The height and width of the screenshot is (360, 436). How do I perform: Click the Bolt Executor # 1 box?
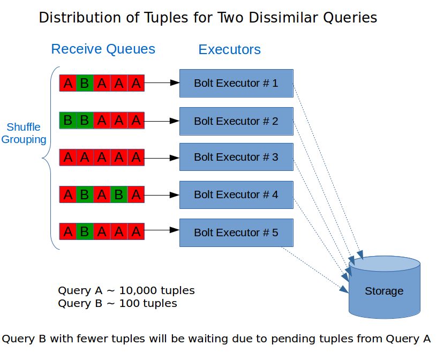pyautogui.click(x=236, y=83)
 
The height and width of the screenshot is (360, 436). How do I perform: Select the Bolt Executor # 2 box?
pyautogui.click(x=236, y=121)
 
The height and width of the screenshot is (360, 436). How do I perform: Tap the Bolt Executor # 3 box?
pyautogui.click(x=236, y=157)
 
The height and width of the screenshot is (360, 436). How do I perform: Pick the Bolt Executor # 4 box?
pyautogui.click(x=236, y=195)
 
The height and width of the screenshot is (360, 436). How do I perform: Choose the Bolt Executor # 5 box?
pyautogui.click(x=236, y=232)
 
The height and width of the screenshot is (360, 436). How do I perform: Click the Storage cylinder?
pyautogui.click(x=385, y=287)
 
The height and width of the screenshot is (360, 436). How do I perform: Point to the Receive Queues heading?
pyautogui.click(x=103, y=49)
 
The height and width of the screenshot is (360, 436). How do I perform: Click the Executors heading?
pyautogui.click(x=229, y=49)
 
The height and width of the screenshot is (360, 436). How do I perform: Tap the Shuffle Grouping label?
pyautogui.click(x=24, y=133)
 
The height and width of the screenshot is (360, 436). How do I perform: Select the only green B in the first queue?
pyautogui.click(x=85, y=83)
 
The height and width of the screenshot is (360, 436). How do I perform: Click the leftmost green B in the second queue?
pyautogui.click(x=68, y=121)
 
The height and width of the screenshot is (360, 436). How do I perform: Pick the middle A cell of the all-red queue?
pyautogui.click(x=102, y=157)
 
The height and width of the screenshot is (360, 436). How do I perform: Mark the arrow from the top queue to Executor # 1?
pyautogui.click(x=162, y=82)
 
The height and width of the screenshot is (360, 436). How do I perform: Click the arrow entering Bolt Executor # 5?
pyautogui.click(x=162, y=230)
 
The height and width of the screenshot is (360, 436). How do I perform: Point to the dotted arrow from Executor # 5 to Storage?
pyautogui.click(x=315, y=270)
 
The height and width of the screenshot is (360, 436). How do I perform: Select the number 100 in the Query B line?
pyautogui.click(x=129, y=303)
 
